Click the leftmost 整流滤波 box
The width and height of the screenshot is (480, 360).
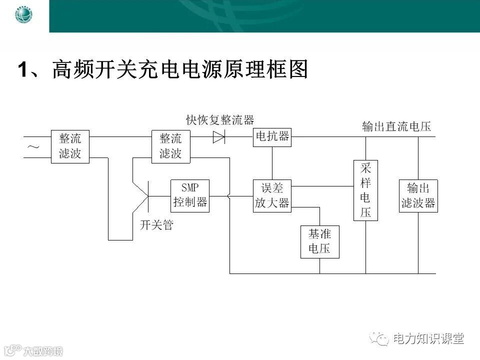69,146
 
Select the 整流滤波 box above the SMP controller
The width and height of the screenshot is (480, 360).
170,146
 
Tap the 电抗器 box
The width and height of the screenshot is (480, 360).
272,136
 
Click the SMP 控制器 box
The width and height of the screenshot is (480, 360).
190,195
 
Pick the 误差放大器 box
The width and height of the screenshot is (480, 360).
272,195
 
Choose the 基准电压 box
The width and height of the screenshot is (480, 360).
319,242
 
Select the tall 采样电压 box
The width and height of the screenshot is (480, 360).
365,190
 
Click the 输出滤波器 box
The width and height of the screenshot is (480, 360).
418,195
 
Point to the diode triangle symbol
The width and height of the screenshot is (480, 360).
218,136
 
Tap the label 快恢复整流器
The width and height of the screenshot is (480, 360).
220,120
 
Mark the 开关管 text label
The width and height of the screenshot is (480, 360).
156,225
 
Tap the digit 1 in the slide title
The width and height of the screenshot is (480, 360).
22,70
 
